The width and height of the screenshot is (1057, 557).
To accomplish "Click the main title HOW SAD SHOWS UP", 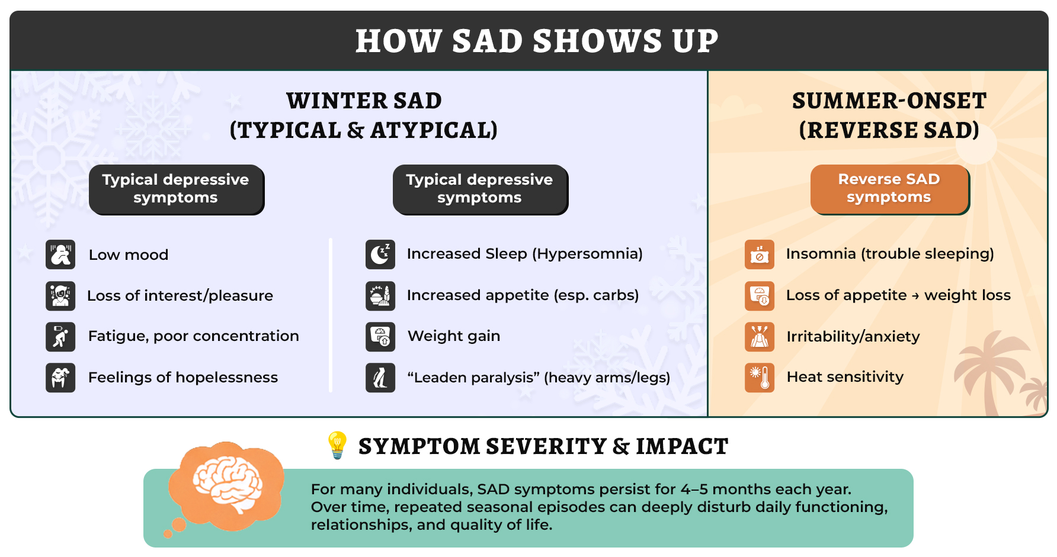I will click(x=536, y=41).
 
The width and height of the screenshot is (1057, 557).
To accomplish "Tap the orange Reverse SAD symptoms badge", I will click(x=889, y=188).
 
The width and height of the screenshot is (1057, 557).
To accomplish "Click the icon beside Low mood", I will click(x=60, y=255).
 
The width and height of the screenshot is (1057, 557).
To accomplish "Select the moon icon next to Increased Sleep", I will click(x=380, y=255).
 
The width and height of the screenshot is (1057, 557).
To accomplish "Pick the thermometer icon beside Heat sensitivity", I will click(x=760, y=378).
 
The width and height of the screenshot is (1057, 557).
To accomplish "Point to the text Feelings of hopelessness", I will click(x=182, y=378).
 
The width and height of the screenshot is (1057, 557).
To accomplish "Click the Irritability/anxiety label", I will click(x=853, y=337).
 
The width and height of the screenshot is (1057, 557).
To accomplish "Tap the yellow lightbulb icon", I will click(x=337, y=445).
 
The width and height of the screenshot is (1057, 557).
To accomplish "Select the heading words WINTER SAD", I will click(x=364, y=101).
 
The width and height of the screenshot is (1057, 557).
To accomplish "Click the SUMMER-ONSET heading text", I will click(x=889, y=101).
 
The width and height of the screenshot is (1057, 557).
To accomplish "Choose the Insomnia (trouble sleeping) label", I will click(x=889, y=254).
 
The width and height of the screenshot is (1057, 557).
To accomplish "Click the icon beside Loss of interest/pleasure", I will click(x=60, y=296).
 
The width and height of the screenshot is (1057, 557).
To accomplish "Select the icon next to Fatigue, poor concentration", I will click(x=60, y=337).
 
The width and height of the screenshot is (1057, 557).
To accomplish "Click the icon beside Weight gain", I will click(x=380, y=337).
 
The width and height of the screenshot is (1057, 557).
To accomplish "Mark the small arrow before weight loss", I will click(x=915, y=296).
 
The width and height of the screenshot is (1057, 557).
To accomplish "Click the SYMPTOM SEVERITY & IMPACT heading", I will click(x=543, y=446).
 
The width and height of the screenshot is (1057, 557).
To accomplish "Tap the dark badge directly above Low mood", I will click(x=176, y=189).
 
